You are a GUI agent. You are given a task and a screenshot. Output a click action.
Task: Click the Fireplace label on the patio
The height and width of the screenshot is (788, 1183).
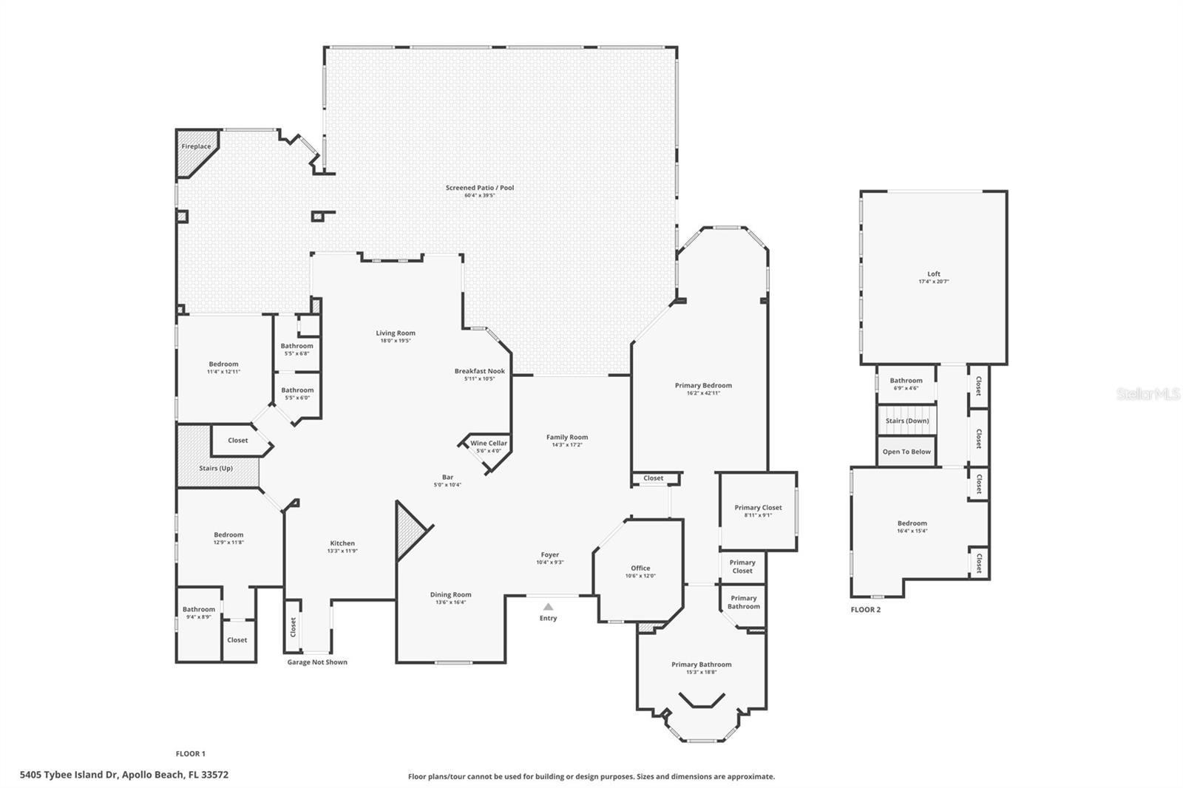(x=196, y=146)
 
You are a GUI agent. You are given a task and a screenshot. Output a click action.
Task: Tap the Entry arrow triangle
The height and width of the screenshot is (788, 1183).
(x=548, y=606)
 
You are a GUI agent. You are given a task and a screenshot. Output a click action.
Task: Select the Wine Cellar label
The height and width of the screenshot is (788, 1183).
(x=489, y=444)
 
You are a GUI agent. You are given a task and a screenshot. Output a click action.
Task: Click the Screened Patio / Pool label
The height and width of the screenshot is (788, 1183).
(x=479, y=188)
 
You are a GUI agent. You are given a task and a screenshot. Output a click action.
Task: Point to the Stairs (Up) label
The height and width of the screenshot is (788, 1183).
(x=216, y=468)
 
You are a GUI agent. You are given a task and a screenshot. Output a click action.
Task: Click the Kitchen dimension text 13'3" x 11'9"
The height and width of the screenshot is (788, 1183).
(x=342, y=551)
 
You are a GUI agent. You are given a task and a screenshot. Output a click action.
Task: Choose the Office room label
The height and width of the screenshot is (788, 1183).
(x=640, y=568)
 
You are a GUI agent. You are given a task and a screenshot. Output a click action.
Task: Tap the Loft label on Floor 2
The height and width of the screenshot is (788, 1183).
(x=934, y=274)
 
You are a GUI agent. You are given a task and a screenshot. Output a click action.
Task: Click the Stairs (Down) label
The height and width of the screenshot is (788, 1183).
(x=907, y=421)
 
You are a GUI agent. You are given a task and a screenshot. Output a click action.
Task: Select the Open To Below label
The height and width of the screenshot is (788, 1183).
(x=906, y=452)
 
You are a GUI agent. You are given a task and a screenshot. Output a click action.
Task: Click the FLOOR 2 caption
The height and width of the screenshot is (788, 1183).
(x=865, y=610)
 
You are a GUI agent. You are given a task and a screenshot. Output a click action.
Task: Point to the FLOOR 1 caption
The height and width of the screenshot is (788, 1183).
(x=190, y=754)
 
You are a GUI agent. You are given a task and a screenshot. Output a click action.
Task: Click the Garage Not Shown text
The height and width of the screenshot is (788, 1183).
(x=317, y=662)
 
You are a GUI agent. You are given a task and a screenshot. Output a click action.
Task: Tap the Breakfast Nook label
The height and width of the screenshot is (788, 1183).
(x=479, y=371)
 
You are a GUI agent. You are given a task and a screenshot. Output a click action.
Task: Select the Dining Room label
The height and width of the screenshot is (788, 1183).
(x=450, y=594)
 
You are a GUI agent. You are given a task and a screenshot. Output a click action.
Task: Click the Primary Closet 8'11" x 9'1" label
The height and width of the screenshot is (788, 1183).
(x=758, y=508)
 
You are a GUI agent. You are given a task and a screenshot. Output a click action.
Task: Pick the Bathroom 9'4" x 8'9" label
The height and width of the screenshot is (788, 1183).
(x=198, y=610)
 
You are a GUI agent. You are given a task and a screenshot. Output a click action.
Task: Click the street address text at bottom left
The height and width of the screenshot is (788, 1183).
(x=124, y=775)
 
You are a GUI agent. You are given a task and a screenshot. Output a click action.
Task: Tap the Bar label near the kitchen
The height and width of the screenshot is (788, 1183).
(x=447, y=478)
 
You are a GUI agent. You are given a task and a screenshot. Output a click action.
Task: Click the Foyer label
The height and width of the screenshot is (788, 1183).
(x=549, y=554)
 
